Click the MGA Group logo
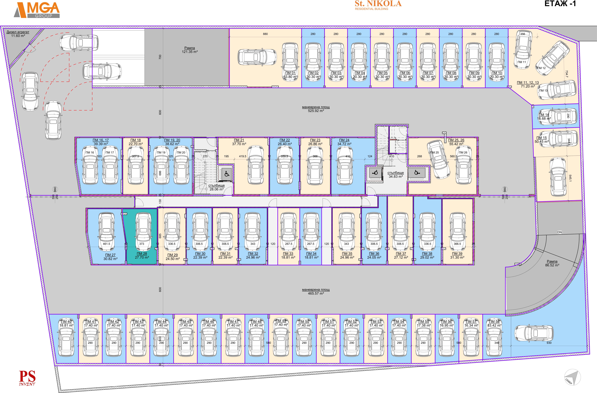(37, 10)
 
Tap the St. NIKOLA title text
(378, 4)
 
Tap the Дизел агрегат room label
(18, 34)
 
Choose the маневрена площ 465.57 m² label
(316, 291)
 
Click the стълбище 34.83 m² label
(396, 175)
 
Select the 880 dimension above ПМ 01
(265, 34)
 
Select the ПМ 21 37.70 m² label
(239, 142)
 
